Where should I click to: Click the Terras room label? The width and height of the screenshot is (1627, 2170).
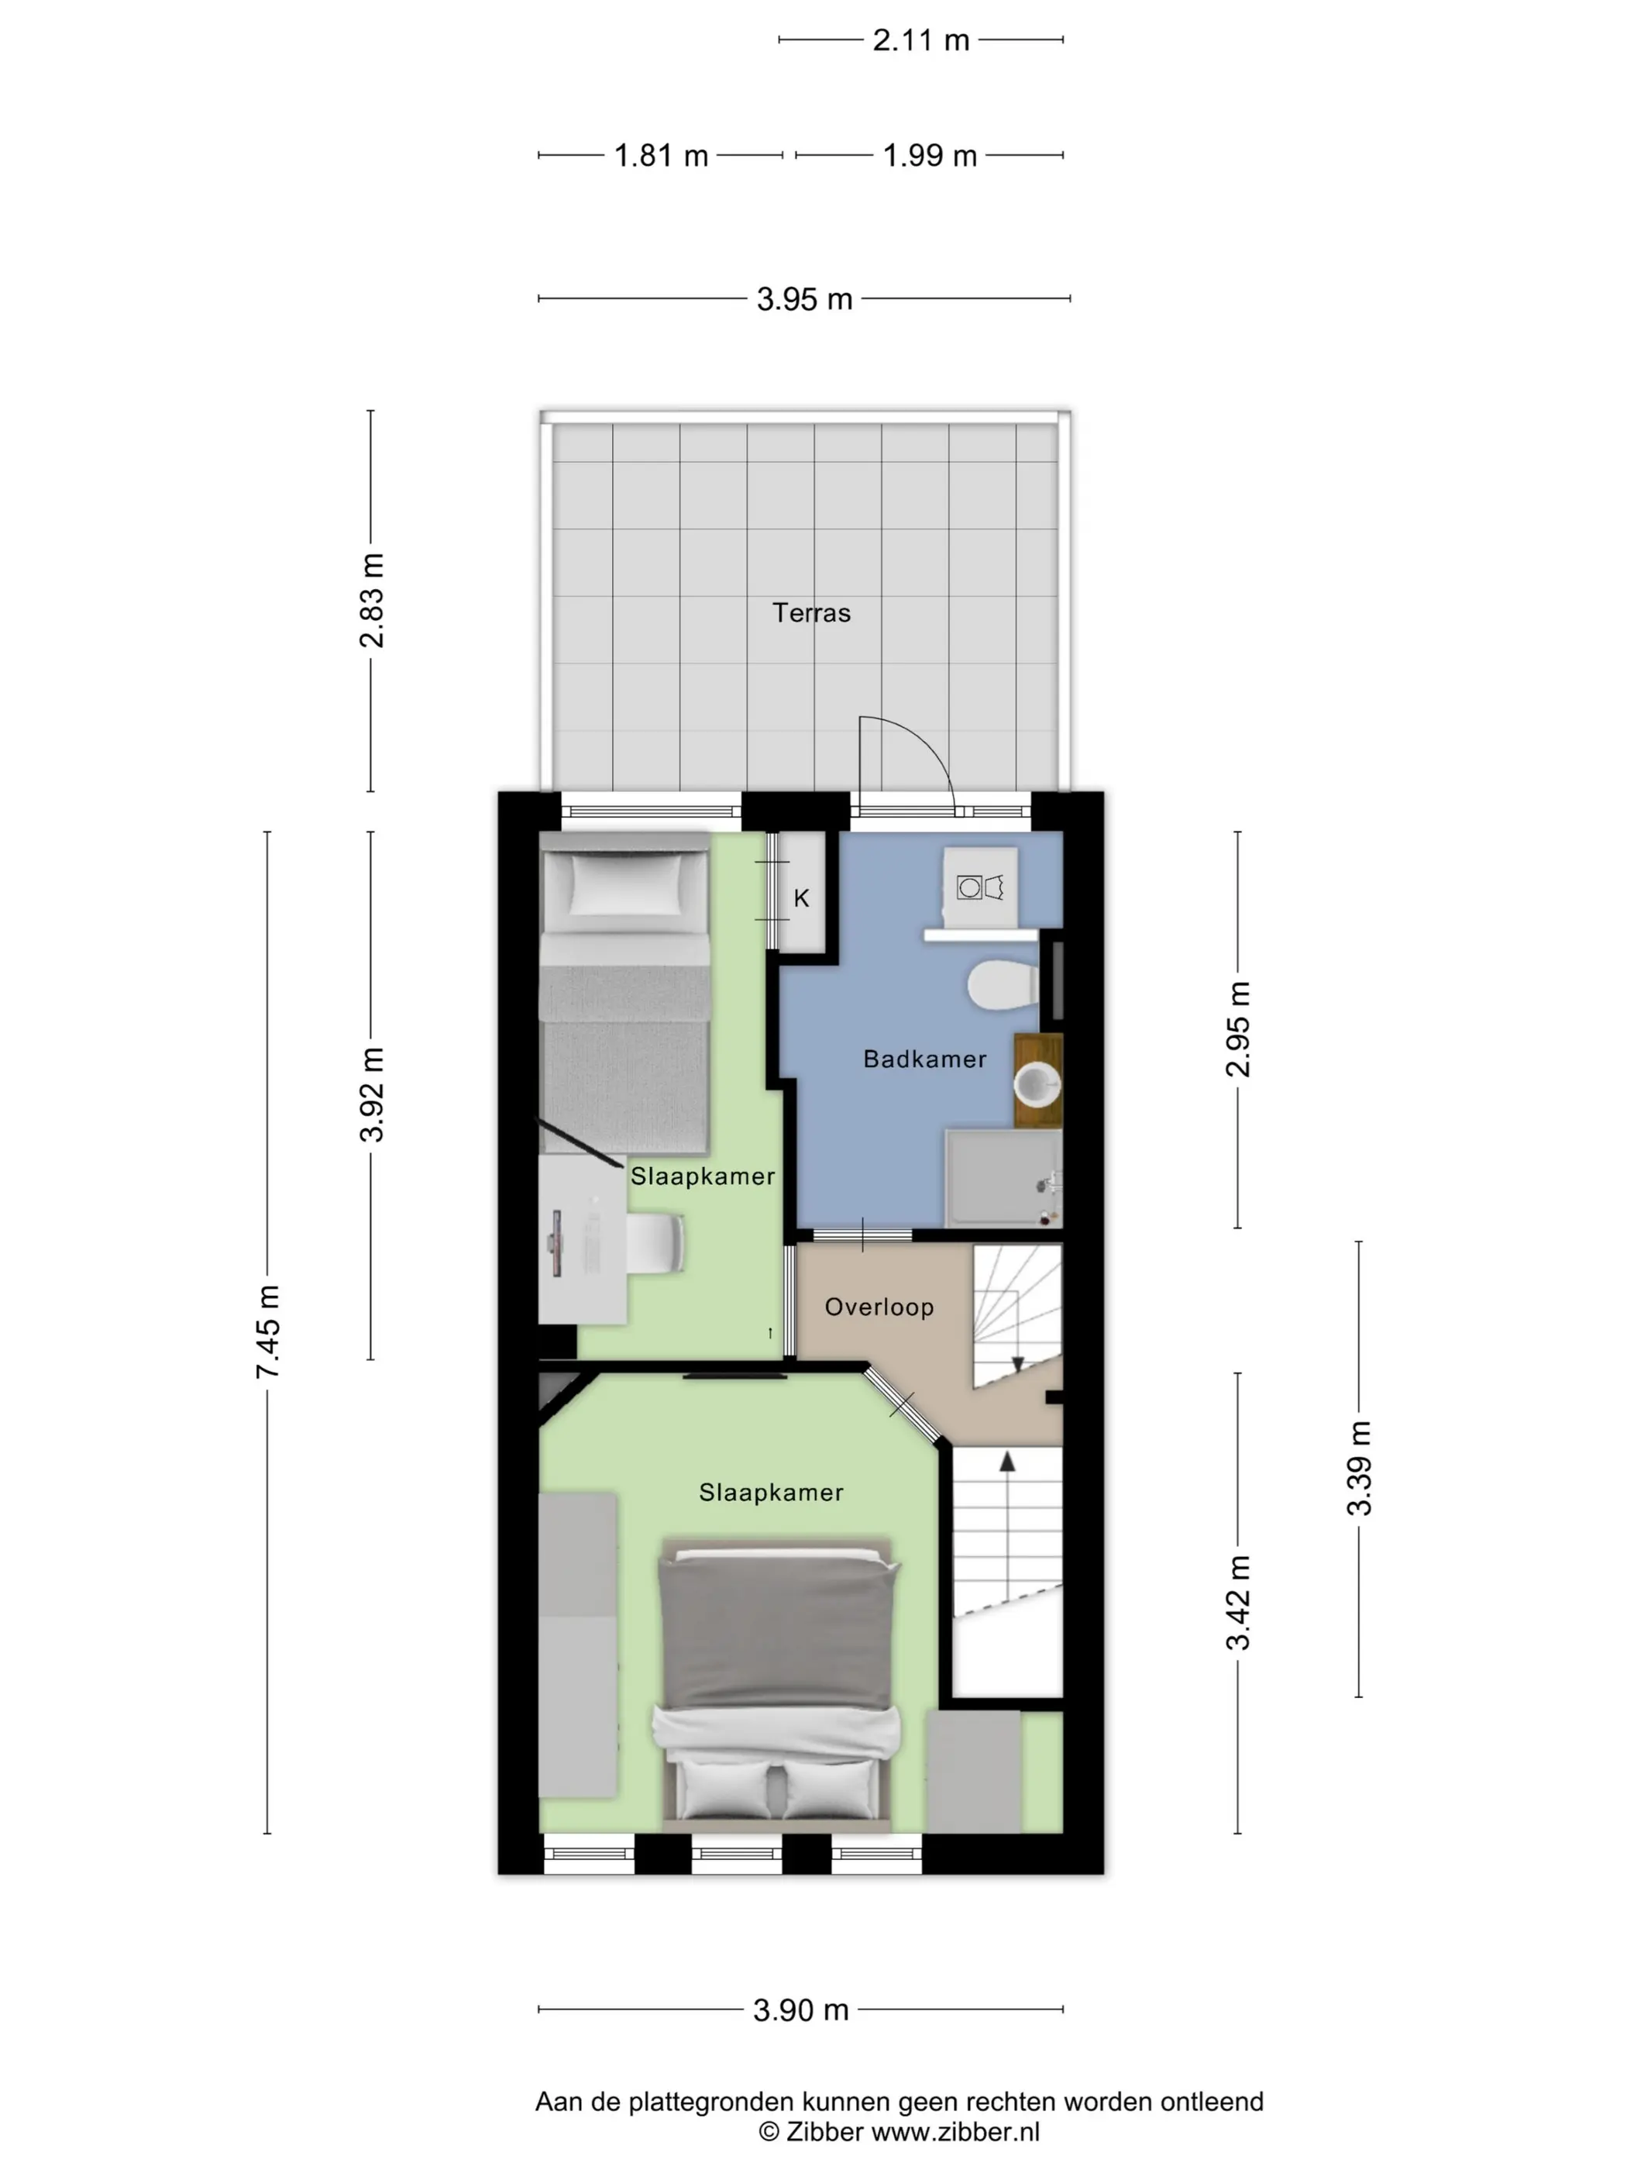tap(811, 613)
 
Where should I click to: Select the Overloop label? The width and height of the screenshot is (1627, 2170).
tap(879, 1307)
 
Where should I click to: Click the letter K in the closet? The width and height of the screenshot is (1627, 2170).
tap(801, 897)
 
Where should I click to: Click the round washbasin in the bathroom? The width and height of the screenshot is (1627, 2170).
tap(1037, 1086)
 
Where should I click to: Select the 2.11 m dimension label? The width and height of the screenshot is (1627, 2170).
tap(921, 40)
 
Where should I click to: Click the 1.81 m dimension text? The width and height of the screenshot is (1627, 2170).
tap(661, 155)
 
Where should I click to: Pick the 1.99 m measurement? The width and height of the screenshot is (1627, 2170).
tap(930, 155)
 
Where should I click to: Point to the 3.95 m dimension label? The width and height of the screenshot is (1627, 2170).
tap(804, 298)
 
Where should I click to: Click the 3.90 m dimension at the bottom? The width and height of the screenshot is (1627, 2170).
tap(800, 2010)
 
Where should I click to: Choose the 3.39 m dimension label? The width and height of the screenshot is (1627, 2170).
tap(1359, 1468)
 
